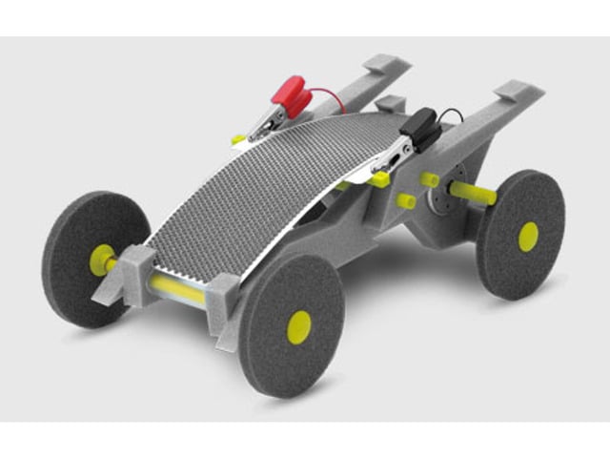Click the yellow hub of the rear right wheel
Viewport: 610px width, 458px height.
pos(528,237)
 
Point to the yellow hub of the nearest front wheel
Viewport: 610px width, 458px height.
pos(299,326)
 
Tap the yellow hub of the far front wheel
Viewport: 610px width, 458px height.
pos(101,260)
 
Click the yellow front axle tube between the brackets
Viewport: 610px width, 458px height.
pos(176,289)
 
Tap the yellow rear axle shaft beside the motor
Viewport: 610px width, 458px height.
pos(473,194)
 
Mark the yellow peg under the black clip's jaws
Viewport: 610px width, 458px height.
pos(380,178)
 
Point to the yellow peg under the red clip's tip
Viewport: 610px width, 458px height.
pos(238,139)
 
